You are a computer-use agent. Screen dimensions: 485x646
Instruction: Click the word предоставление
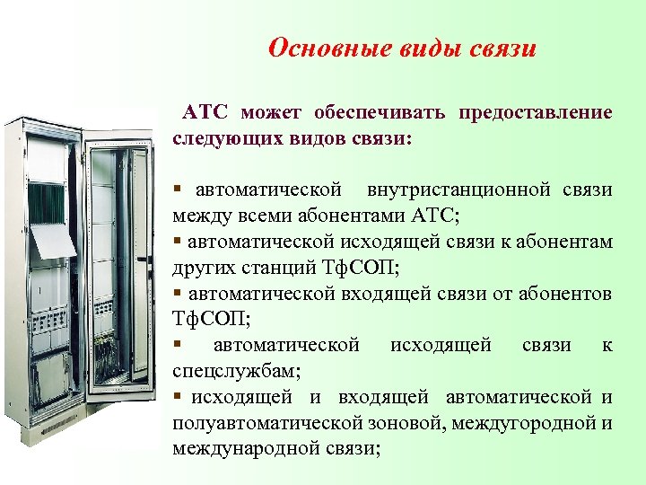[x=536, y=113]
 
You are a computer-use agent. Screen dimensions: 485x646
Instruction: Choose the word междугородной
[x=527, y=423]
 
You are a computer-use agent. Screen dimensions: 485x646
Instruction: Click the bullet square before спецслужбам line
[x=179, y=345]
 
